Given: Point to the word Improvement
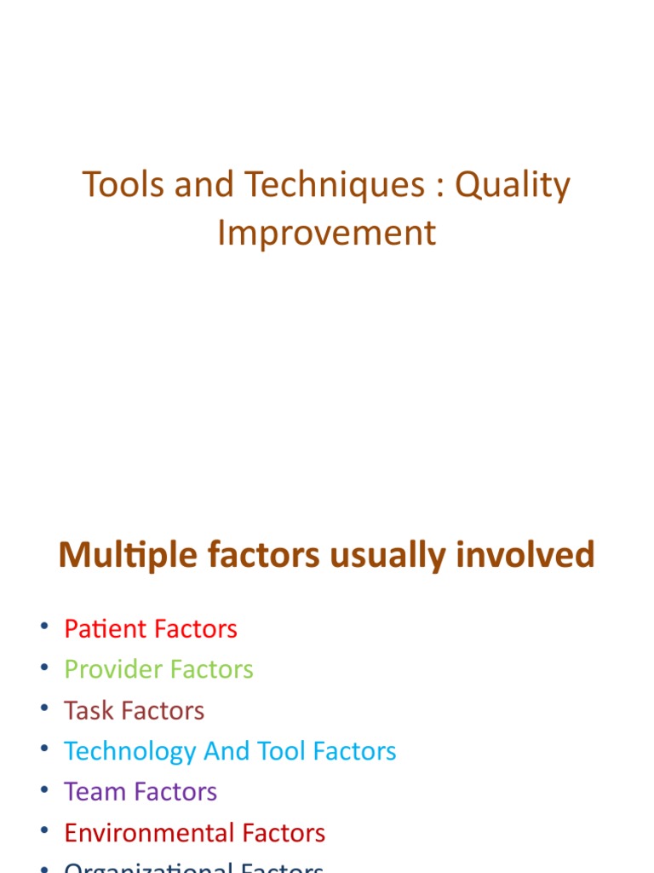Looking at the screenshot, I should coord(326,233).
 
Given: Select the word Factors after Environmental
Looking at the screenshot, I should coord(283,833).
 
